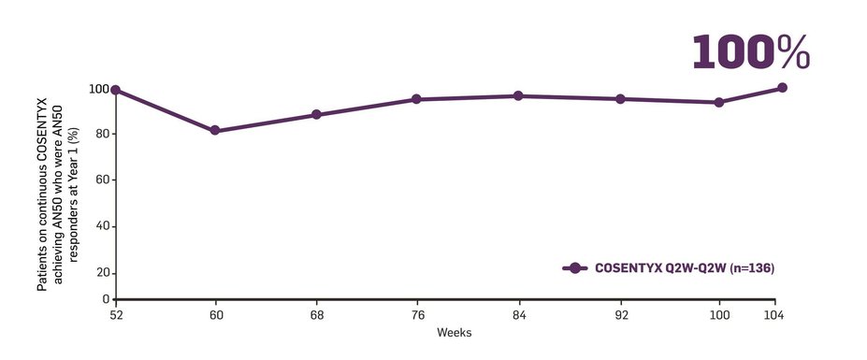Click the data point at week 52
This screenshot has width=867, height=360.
pyautogui.click(x=115, y=90)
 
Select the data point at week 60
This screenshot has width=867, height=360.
pyautogui.click(x=215, y=131)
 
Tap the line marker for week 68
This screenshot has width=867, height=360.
pyautogui.click(x=316, y=115)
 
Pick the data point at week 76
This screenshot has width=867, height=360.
pyautogui.click(x=416, y=99)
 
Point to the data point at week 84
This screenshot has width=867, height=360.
pyautogui.click(x=518, y=95)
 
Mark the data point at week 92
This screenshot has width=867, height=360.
pyautogui.click(x=619, y=98)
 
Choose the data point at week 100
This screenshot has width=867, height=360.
pyautogui.click(x=719, y=102)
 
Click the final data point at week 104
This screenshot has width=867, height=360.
pyautogui.click(x=782, y=88)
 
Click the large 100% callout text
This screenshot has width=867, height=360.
pyautogui.click(x=750, y=53)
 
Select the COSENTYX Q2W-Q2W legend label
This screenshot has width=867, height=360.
pyautogui.click(x=685, y=267)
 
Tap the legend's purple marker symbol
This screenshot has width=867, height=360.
pyautogui.click(x=575, y=267)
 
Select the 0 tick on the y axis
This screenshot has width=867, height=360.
pyautogui.click(x=105, y=299)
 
